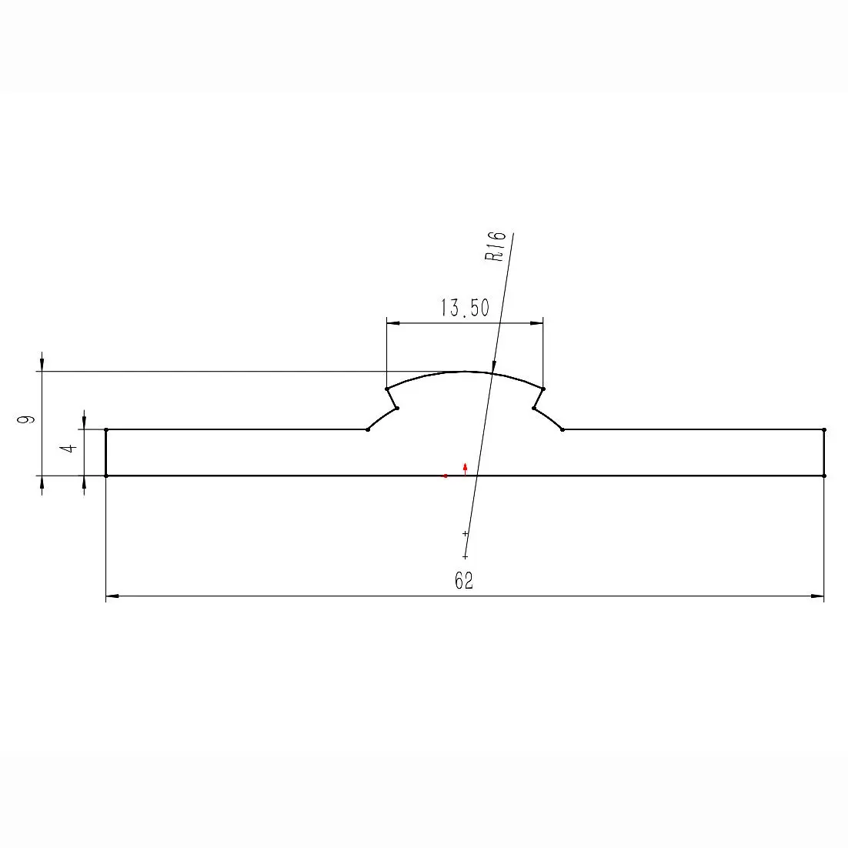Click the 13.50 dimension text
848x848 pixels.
click(464, 309)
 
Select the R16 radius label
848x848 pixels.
click(496, 246)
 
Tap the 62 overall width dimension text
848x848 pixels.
click(464, 581)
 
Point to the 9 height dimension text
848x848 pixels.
click(27, 419)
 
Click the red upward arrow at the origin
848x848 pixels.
click(466, 468)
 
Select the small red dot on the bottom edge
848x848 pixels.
click(446, 476)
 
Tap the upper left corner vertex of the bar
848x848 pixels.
click(105, 429)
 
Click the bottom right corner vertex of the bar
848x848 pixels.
click(824, 476)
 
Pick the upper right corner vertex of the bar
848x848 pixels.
click(824, 429)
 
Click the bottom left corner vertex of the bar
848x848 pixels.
click(105, 476)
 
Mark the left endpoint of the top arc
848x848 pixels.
click(386, 389)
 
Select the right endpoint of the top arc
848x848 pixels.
click(543, 389)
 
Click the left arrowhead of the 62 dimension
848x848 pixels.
click(112, 596)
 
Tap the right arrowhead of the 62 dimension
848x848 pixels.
click(817, 596)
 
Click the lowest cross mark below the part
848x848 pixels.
click(465, 556)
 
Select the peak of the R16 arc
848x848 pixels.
click(465, 372)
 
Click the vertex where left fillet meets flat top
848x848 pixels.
click(368, 429)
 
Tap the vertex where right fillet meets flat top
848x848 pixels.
click(563, 429)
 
